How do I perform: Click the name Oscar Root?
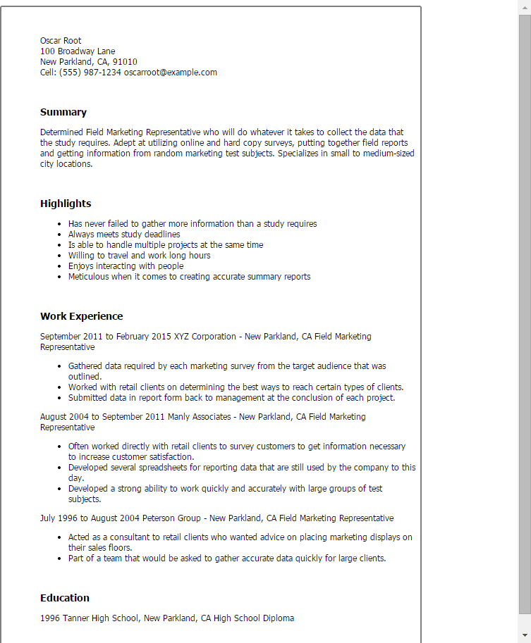61,41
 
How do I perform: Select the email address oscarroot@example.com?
171,73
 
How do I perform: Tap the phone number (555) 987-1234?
90,73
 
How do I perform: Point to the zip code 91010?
126,62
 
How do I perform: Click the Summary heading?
63,112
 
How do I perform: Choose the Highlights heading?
66,204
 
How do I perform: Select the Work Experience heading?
81,316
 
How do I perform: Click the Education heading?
65,598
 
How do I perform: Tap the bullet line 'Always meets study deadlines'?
124,235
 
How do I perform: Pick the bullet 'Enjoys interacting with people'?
126,266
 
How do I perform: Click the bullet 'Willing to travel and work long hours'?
139,256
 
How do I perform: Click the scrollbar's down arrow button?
525,637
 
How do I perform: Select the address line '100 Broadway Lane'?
78,51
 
